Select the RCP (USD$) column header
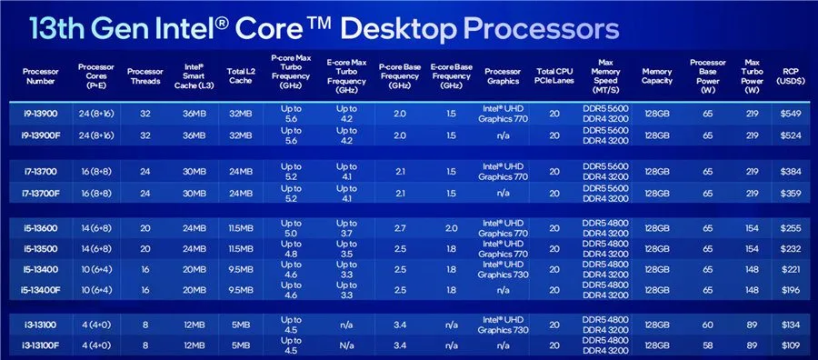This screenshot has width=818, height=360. click(791, 76)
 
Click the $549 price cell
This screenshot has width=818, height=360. click(791, 114)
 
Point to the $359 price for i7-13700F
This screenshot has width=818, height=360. click(791, 193)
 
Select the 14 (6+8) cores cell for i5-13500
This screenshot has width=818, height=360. click(95, 249)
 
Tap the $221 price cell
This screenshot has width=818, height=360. click(791, 269)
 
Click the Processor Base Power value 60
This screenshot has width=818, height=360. click(707, 325)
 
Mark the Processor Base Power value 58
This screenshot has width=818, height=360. click(707, 345)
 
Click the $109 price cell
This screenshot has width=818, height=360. click(791, 345)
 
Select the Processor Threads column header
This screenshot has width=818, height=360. click(145, 76)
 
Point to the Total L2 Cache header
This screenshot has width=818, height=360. click(240, 76)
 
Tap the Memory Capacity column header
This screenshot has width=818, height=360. click(657, 76)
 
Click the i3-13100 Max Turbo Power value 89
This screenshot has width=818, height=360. click(752, 325)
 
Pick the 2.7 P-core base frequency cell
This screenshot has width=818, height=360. click(400, 228)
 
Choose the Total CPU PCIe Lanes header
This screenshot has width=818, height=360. click(554, 76)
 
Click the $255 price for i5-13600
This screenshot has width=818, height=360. click(791, 228)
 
